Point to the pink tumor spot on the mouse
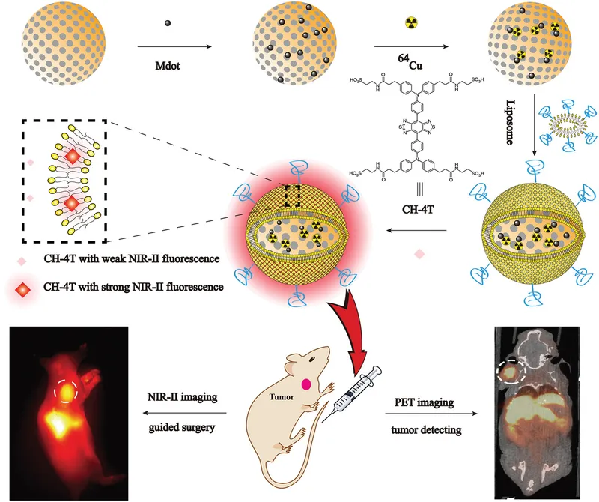click(306, 384)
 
